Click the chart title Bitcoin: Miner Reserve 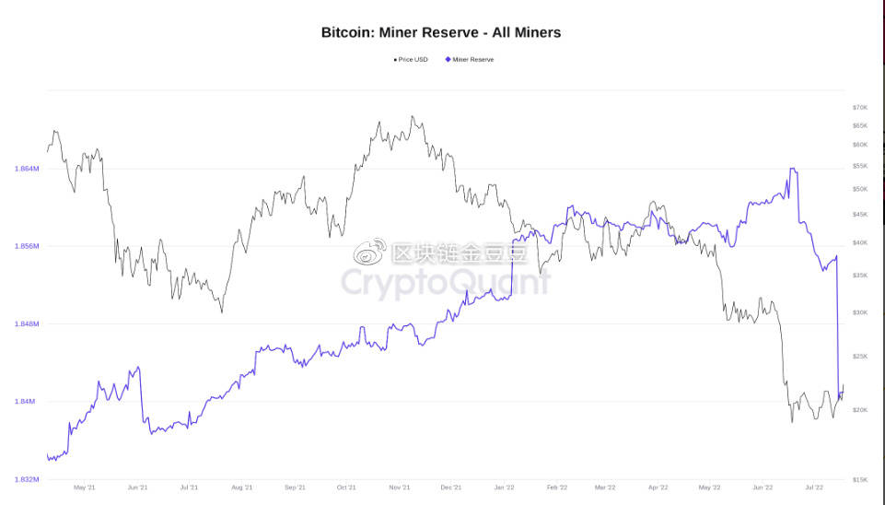[441, 32]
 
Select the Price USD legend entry [411, 59]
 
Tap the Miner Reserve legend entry [472, 59]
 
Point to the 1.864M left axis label [27, 169]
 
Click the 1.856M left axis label [27, 246]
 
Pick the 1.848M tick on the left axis [27, 323]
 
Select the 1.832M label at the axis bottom [27, 479]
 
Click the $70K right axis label [860, 108]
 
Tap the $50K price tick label [860, 189]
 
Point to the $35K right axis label [860, 276]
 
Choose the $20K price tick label [860, 410]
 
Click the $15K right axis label [860, 479]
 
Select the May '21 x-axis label [85, 487]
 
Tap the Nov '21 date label [400, 487]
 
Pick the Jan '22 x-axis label [504, 487]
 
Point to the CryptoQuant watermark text [447, 282]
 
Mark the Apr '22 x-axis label [658, 487]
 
